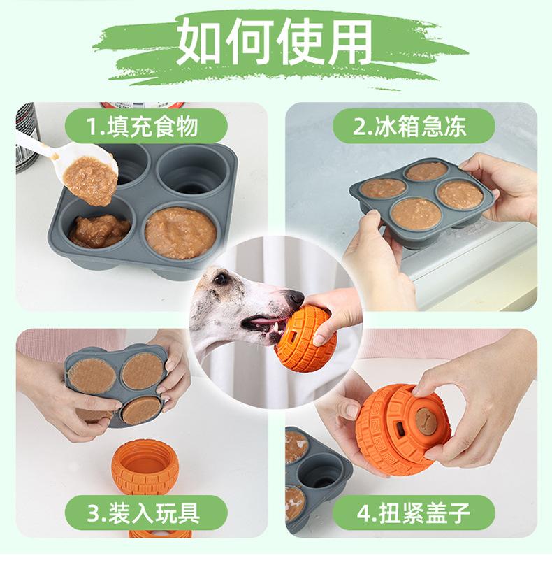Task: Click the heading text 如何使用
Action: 275,41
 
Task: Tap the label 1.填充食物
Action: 142,127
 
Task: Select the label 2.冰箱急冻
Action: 409,127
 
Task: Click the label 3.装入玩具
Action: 143,513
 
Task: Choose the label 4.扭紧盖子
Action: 413,513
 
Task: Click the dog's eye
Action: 220,278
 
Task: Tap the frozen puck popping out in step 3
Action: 141,410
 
